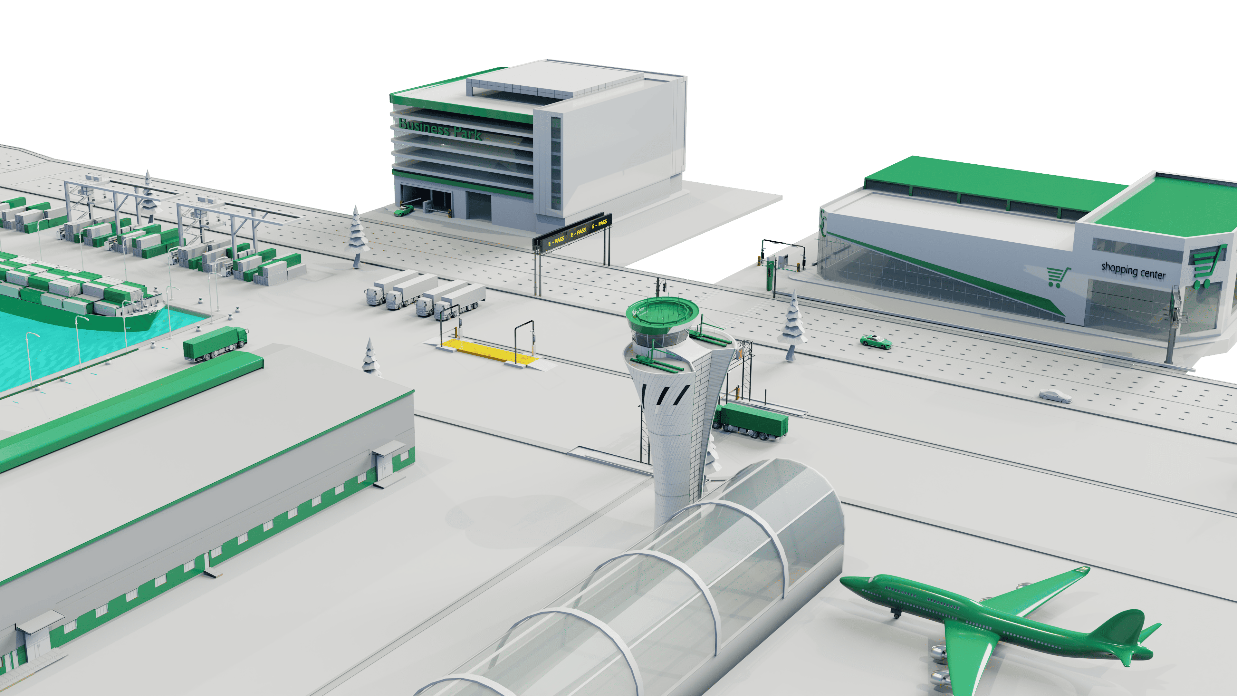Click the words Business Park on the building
tap(440, 129)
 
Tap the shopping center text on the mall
tap(1133, 270)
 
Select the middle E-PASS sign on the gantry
tap(578, 232)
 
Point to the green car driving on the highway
tap(876, 342)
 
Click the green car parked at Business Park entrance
tap(403, 210)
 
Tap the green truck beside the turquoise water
tap(215, 343)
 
